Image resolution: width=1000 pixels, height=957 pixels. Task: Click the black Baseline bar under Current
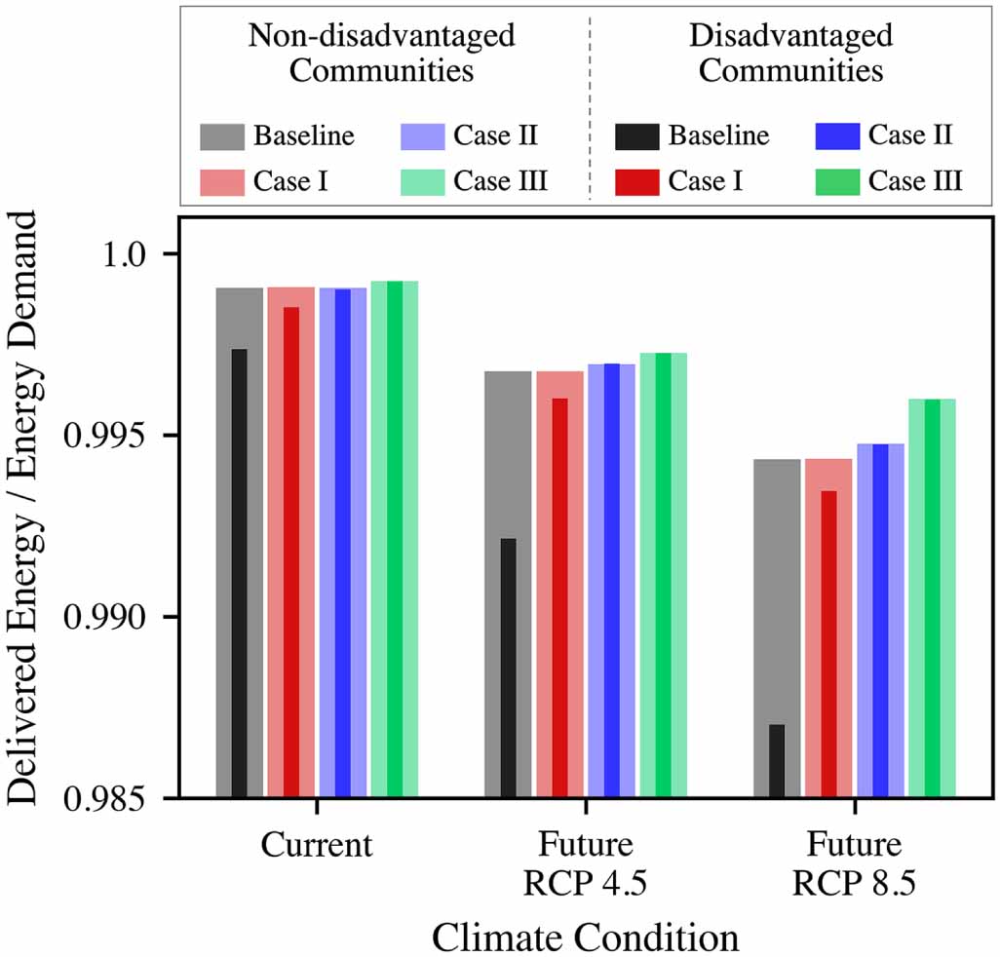click(239, 573)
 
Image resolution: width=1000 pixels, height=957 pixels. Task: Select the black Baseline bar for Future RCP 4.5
click(508, 668)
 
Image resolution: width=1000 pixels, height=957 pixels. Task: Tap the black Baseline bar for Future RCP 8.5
click(777, 760)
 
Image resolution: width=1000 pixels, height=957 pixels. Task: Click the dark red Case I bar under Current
click(290, 552)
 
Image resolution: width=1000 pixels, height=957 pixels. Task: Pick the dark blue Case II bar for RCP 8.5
click(880, 621)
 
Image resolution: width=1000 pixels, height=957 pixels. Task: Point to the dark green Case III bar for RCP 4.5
click(663, 575)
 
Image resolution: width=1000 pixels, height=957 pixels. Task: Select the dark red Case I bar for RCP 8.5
click(828, 643)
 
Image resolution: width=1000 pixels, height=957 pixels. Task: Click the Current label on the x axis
click(317, 845)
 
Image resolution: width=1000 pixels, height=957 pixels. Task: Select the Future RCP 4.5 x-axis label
click(586, 862)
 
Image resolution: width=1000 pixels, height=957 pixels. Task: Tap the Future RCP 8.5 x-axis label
click(855, 862)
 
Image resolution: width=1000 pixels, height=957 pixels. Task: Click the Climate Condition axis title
click(585, 937)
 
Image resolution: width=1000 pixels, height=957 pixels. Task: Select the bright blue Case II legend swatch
click(836, 136)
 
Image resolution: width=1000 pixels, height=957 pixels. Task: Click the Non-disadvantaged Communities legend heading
click(381, 54)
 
